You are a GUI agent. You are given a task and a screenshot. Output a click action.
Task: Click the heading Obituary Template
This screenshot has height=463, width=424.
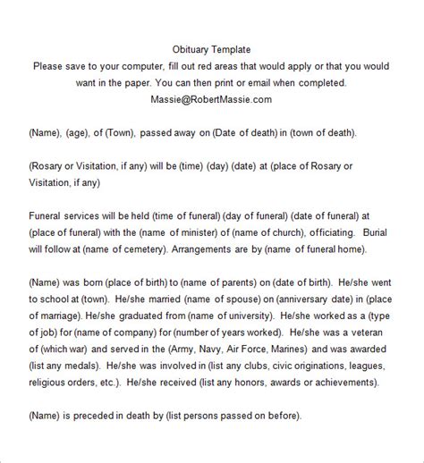(x=211, y=49)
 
